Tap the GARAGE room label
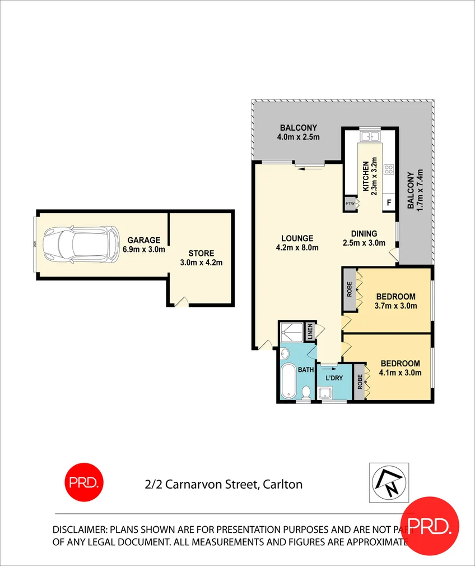point(143,240)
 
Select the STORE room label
point(201,254)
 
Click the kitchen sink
point(370,135)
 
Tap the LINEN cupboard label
point(310,332)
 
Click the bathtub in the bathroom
point(289,381)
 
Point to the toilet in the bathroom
point(306,393)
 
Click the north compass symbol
point(389,483)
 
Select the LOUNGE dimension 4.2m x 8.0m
point(297,247)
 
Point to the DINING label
point(364,234)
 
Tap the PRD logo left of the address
point(84,482)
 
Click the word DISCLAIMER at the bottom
point(78,530)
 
